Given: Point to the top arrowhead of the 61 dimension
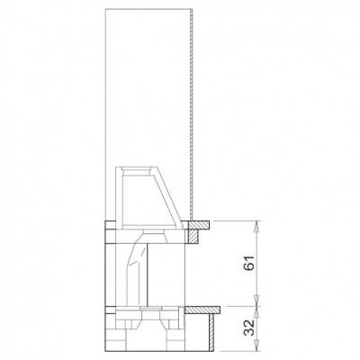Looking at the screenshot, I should (x=258, y=226).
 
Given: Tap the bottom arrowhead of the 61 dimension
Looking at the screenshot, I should (x=258, y=301).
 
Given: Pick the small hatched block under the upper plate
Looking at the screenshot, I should (x=193, y=235).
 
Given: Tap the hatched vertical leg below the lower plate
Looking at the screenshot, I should (x=212, y=331).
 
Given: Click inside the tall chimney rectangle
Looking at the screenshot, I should (x=148, y=90).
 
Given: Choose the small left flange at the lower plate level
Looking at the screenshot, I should (x=109, y=310).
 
